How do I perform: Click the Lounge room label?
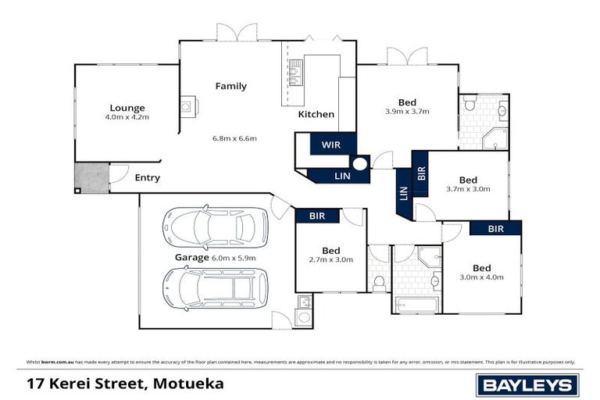[127, 108]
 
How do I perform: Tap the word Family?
[231, 86]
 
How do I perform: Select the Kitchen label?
[316, 114]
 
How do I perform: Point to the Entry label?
[147, 178]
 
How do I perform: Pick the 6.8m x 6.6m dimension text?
[234, 138]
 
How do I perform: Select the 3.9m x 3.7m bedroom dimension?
[407, 112]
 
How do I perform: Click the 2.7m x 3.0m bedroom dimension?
[330, 259]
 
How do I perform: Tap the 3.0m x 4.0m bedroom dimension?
[481, 277]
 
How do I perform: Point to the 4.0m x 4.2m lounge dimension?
[127, 117]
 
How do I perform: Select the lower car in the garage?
[215, 287]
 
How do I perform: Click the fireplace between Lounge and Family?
[188, 106]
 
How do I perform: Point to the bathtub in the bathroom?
[414, 305]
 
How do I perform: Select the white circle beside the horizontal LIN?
[360, 165]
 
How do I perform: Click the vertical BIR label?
[421, 173]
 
